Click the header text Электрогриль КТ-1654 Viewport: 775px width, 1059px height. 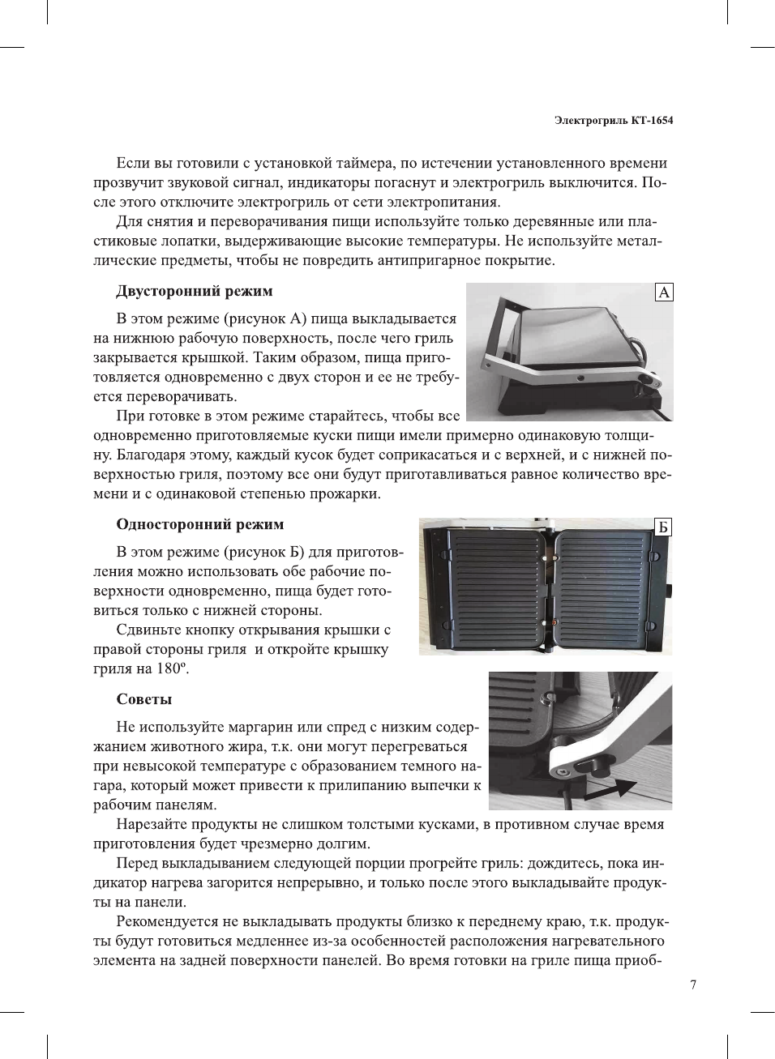click(x=614, y=121)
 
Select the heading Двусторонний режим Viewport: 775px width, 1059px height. click(x=195, y=291)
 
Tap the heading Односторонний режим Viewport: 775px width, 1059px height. click(x=200, y=524)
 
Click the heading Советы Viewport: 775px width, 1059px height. click(x=144, y=699)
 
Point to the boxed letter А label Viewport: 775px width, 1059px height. click(x=664, y=293)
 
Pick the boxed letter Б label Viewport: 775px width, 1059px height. click(x=663, y=527)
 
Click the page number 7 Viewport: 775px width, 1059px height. click(x=692, y=984)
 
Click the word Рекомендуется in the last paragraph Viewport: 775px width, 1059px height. click(x=168, y=921)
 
